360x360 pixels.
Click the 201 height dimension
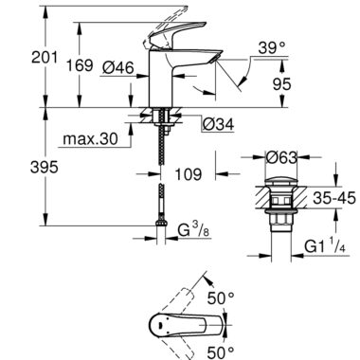(x=45, y=58)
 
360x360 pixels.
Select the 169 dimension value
(x=80, y=65)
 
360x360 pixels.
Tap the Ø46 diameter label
(x=118, y=67)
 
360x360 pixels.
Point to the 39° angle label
(x=272, y=48)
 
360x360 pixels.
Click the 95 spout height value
(x=281, y=84)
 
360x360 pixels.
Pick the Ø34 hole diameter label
(x=218, y=124)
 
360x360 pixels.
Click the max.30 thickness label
(x=90, y=138)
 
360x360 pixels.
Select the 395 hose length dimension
(x=45, y=167)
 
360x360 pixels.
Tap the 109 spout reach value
(x=189, y=174)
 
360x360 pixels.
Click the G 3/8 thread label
(x=193, y=232)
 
